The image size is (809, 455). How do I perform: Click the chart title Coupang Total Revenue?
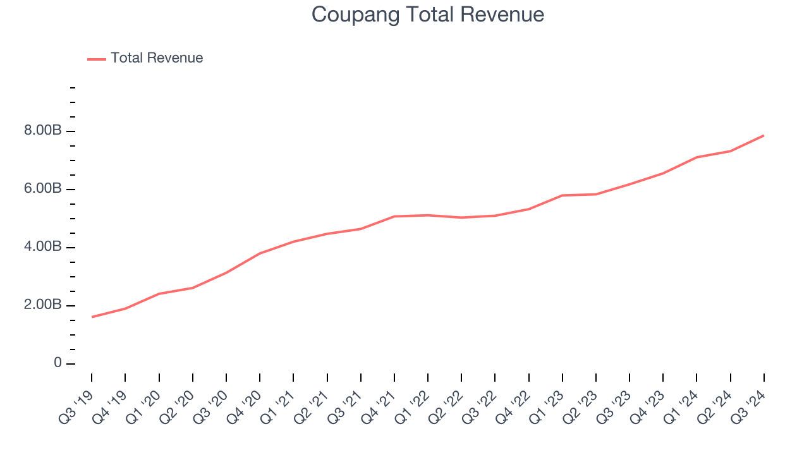coord(428,15)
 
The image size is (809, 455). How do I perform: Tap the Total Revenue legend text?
coord(157,58)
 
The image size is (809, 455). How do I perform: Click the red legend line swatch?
coord(97,59)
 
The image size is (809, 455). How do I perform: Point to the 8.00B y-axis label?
coord(44,131)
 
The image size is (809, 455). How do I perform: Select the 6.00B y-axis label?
coord(44,189)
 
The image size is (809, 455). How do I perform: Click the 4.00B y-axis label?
coord(44,247)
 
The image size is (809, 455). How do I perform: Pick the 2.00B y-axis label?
coord(44,305)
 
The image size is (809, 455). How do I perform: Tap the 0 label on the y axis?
coord(58,363)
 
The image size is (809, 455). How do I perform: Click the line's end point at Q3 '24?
coord(763,135)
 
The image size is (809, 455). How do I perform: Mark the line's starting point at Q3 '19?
coord(92,317)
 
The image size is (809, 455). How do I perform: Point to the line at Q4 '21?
coord(394,216)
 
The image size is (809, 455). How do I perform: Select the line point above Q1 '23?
coord(563,195)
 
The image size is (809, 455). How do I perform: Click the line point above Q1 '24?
coord(696,157)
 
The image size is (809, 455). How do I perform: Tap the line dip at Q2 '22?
coord(461,217)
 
